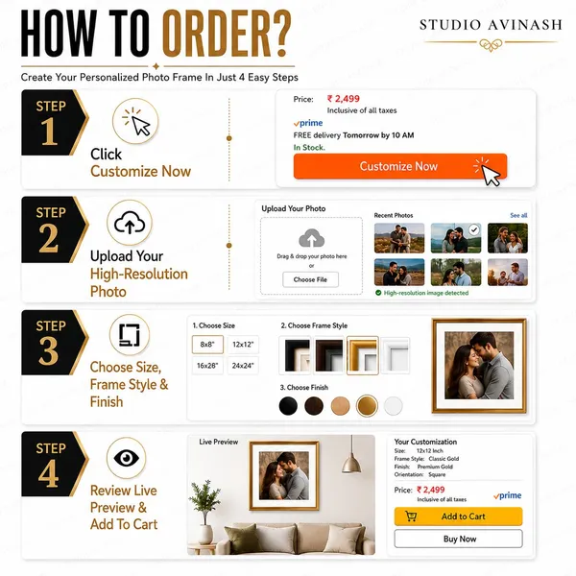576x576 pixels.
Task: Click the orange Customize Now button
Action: (400, 166)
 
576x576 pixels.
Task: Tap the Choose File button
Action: (310, 279)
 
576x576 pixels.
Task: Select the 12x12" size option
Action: (243, 345)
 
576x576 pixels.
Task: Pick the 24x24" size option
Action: (243, 366)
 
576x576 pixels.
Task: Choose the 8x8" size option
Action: (207, 345)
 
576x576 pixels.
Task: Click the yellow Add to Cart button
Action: (458, 516)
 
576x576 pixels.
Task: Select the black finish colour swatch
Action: (288, 406)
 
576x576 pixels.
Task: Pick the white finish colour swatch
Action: (393, 406)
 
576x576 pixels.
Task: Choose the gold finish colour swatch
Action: (367, 406)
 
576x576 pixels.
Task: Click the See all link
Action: (518, 215)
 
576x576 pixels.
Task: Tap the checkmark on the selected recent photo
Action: (474, 230)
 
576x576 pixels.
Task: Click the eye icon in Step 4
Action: (127, 458)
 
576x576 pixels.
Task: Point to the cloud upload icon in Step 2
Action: (130, 223)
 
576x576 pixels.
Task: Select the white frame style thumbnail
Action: (396, 355)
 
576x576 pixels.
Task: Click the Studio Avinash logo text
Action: (491, 25)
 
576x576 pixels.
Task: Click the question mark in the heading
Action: (281, 34)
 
